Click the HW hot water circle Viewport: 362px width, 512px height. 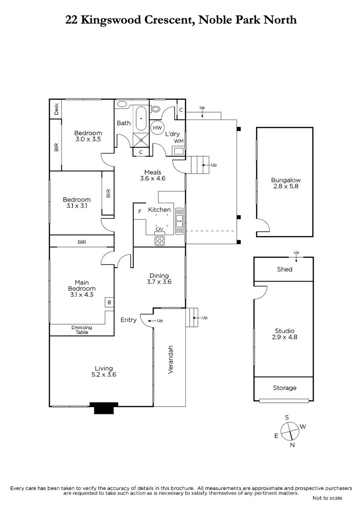(x=157, y=128)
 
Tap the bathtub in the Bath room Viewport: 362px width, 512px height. (x=141, y=119)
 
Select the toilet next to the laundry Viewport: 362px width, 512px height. (x=155, y=108)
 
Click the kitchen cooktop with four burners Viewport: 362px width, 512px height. (x=159, y=241)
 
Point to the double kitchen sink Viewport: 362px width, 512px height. (x=179, y=221)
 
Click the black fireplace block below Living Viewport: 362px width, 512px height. (x=104, y=408)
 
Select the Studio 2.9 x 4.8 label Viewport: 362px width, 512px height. (x=284, y=334)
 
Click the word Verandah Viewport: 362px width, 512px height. (x=171, y=360)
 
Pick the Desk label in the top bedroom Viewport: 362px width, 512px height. (x=56, y=109)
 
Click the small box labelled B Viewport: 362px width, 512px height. (x=109, y=303)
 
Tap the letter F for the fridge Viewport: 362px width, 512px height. (x=140, y=212)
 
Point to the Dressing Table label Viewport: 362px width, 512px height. (x=82, y=330)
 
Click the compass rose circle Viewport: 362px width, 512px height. (x=290, y=431)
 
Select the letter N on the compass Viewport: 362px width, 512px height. (x=292, y=445)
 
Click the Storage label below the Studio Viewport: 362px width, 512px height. (x=284, y=388)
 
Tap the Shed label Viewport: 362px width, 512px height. (x=284, y=269)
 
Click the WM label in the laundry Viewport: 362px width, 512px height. (x=179, y=141)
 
